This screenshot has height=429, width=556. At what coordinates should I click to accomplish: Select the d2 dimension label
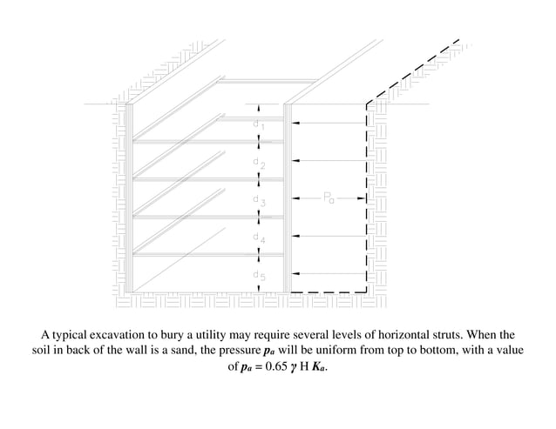(258, 164)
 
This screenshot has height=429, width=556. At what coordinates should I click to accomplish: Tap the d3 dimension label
(258, 202)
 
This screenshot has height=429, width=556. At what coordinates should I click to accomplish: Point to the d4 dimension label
(258, 238)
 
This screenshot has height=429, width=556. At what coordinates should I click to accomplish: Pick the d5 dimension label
(258, 276)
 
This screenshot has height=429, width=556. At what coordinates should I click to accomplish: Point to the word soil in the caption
(34, 351)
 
